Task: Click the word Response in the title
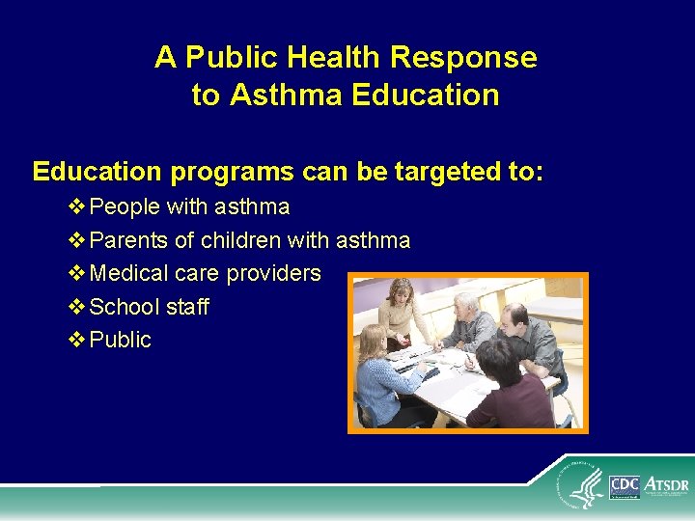[x=463, y=58]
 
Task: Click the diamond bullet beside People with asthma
[x=77, y=207]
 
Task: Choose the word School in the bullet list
[x=121, y=307]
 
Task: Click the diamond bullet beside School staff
[x=77, y=307]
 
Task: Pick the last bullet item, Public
[x=120, y=340]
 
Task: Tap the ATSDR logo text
[x=667, y=482]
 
